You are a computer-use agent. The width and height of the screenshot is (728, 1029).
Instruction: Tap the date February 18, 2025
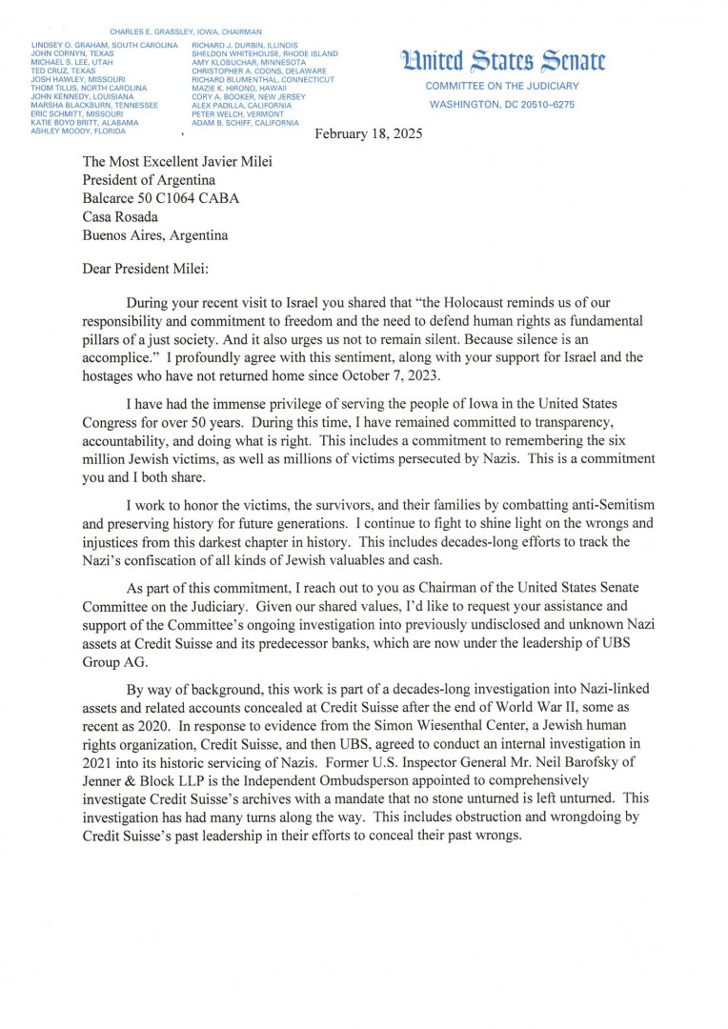pos(369,134)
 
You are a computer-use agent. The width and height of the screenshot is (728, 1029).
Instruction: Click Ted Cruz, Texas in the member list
pos(63,71)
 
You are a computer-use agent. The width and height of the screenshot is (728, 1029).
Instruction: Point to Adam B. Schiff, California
pos(245,123)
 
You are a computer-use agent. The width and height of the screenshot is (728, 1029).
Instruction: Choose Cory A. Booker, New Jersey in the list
pos(249,96)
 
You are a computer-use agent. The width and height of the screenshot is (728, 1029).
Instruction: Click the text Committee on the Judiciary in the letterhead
pos(502,87)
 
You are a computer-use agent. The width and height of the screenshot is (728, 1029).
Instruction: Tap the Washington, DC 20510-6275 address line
pos(502,104)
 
